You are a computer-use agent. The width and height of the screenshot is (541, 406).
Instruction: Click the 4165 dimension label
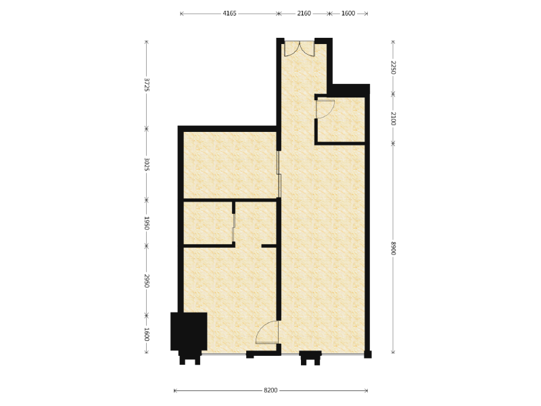229,14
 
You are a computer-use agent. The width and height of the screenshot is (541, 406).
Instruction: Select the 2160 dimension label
304,14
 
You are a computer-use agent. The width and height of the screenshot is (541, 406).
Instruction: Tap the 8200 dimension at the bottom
270,390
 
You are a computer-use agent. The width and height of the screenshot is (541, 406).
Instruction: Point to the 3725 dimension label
147,85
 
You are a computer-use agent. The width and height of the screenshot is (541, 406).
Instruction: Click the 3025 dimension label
147,164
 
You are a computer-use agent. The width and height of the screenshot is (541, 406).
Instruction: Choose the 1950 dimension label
147,223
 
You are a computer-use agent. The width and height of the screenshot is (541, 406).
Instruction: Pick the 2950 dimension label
147,281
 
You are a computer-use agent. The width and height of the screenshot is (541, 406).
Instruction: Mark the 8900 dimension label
393,248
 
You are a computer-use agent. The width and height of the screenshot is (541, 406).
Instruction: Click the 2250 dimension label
393,67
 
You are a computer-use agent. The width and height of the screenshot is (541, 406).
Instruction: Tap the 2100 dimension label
393,118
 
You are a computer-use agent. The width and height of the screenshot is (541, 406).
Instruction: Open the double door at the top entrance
300,49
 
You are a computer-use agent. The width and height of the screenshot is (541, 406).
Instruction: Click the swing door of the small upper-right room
325,109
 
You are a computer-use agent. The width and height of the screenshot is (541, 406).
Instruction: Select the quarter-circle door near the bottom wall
267,332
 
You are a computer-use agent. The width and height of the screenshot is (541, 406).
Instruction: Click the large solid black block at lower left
189,332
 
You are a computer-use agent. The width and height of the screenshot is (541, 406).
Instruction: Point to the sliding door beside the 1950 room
234,228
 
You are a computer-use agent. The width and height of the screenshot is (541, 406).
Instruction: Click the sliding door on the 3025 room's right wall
279,174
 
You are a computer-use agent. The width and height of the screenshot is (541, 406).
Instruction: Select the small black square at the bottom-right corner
368,354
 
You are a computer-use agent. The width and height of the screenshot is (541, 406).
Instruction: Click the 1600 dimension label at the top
348,14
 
